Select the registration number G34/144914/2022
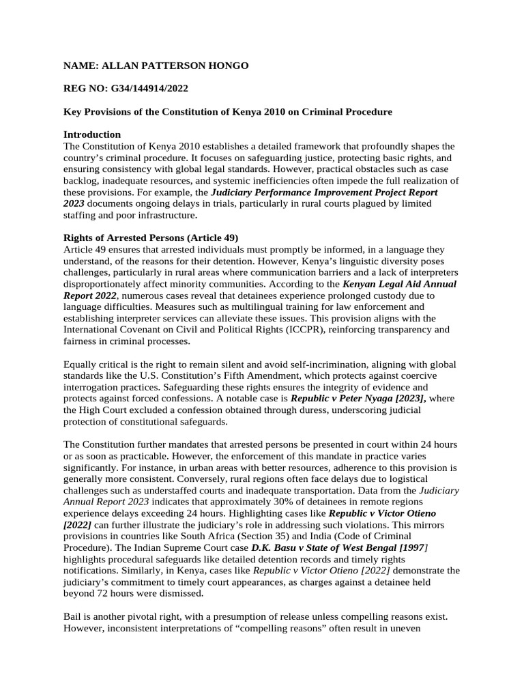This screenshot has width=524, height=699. point(145,88)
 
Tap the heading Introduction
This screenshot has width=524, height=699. point(92,134)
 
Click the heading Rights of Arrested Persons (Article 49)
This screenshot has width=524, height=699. point(151,238)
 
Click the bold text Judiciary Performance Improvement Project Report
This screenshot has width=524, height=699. point(324,192)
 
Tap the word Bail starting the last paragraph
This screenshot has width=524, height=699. point(73,616)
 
